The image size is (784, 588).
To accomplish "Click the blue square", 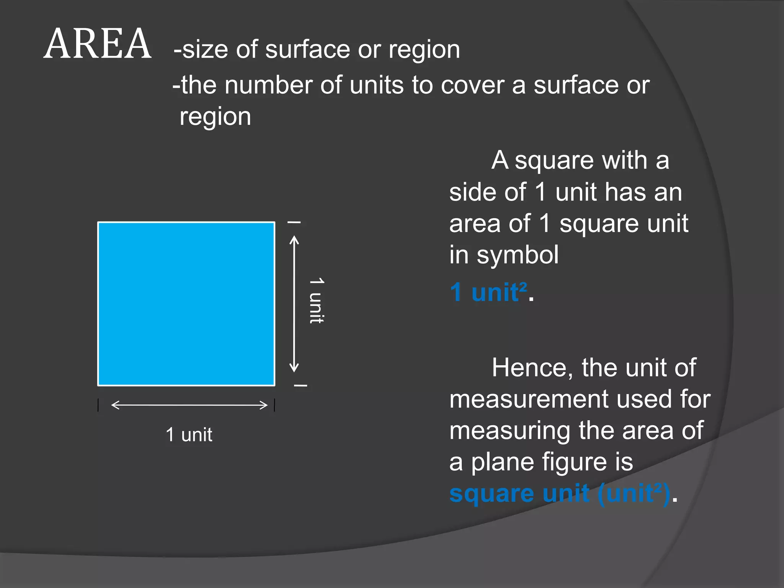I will coord(186,304).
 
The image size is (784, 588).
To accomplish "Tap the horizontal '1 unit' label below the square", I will coord(189,435).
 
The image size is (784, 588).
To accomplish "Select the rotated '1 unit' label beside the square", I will coord(317,301).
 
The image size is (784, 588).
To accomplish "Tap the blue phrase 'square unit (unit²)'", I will coord(559,493).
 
